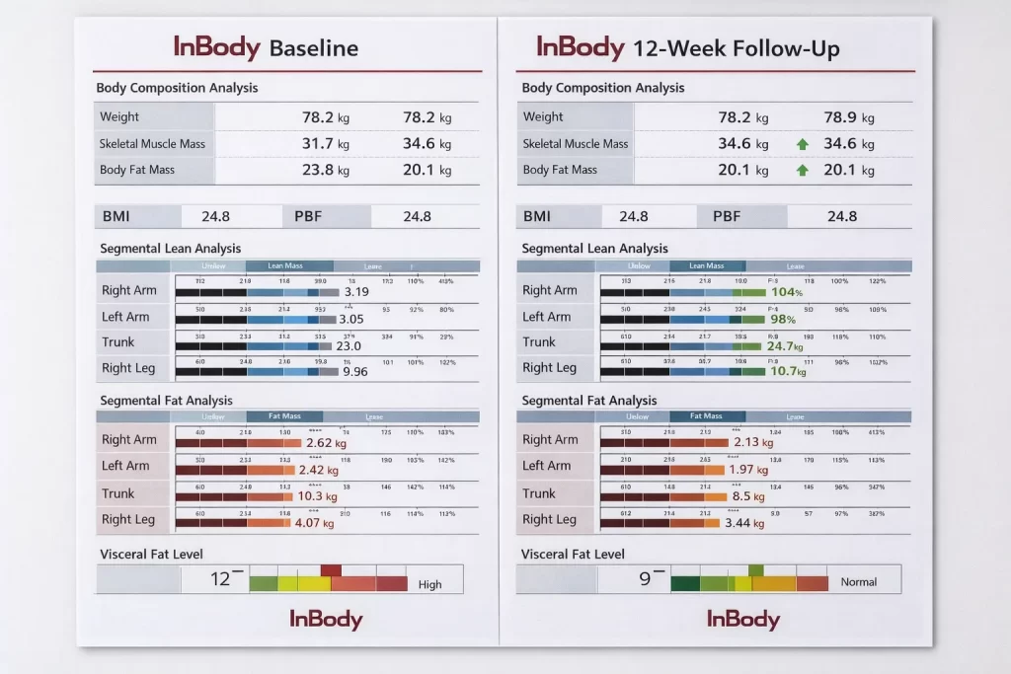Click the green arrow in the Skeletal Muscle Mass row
[x=803, y=144]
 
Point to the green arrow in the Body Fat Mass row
[x=803, y=170]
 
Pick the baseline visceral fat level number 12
[x=222, y=579]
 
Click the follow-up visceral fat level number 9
[x=645, y=579]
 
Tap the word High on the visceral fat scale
[x=430, y=584]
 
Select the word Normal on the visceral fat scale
[x=858, y=582]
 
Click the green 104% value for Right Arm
[x=786, y=292]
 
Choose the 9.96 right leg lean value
[x=354, y=372]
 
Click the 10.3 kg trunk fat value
[x=317, y=496]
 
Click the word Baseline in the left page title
[x=313, y=47]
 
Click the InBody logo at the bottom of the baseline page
[x=326, y=620]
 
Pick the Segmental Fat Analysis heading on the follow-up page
[x=588, y=401]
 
